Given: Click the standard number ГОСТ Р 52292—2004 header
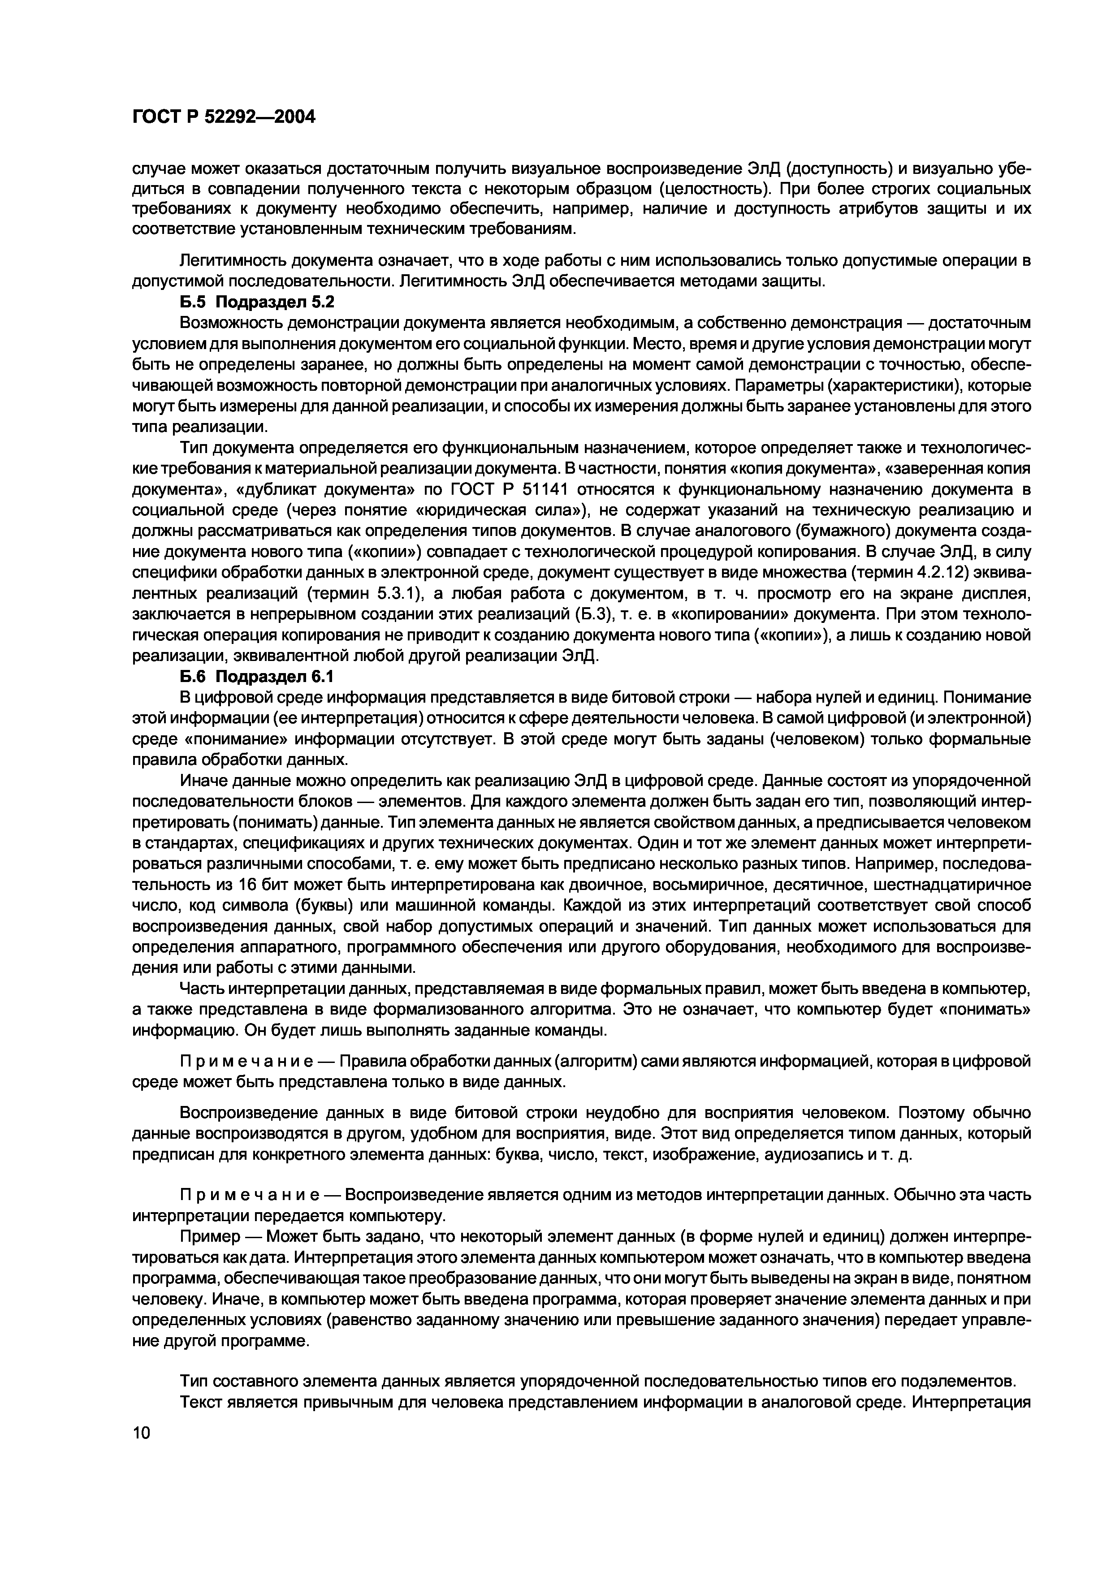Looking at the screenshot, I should (223, 117).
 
